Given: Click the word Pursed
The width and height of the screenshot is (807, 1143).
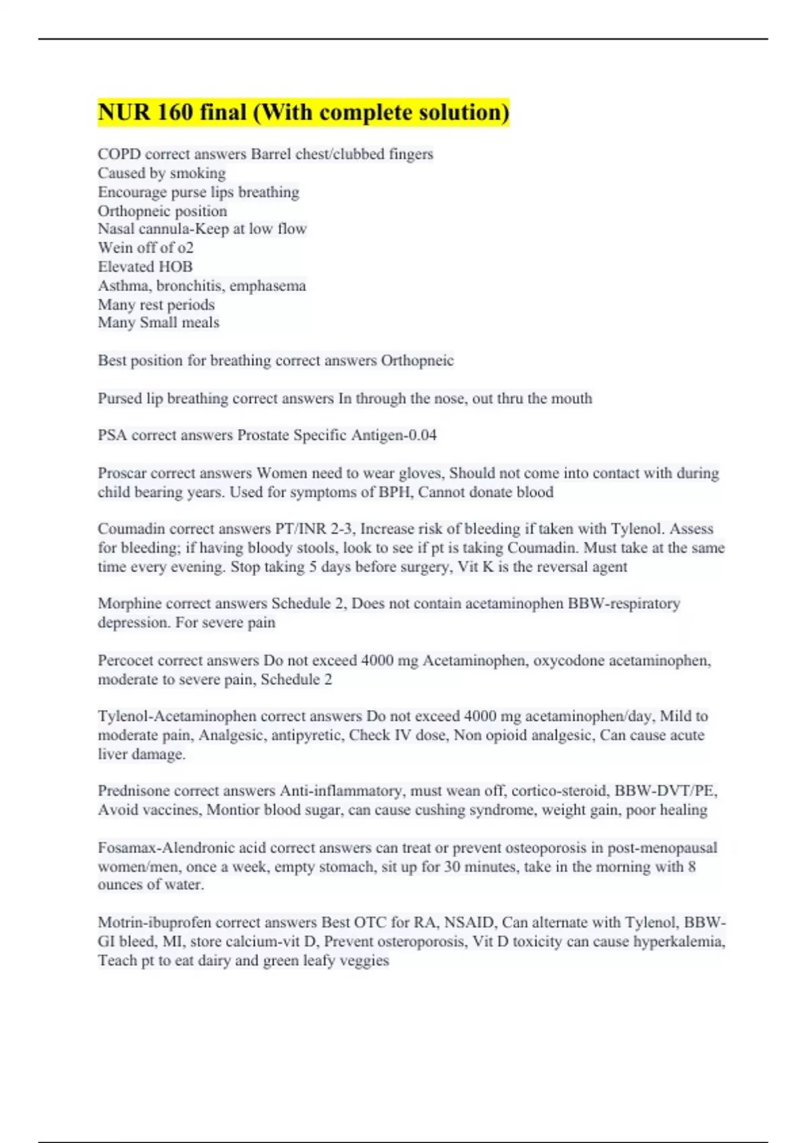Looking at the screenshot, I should point(120,399).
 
